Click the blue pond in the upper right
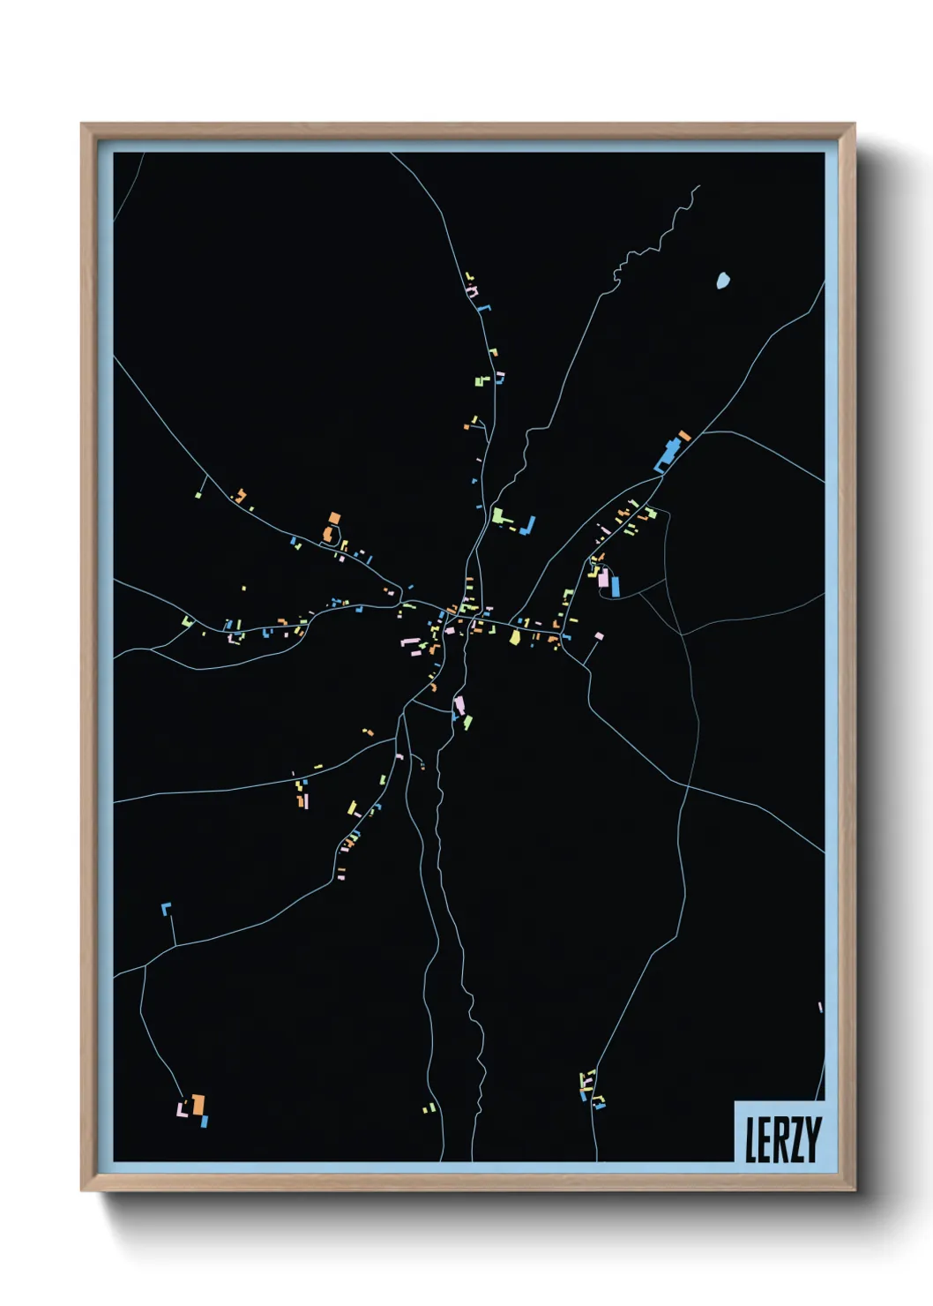[x=723, y=281]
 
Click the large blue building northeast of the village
[x=668, y=455]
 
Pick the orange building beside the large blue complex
[x=684, y=436]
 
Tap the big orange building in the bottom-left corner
[x=198, y=1104]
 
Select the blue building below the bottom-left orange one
[x=205, y=1122]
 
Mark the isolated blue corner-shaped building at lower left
[x=165, y=908]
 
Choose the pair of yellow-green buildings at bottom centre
[x=429, y=1108]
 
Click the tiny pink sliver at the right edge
[x=820, y=1007]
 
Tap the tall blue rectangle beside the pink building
[x=615, y=586]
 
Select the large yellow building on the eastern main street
[x=515, y=636]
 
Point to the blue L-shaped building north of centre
[x=529, y=527]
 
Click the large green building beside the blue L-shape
[x=497, y=514]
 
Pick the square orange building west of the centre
[x=334, y=518]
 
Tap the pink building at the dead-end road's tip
[x=600, y=635]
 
